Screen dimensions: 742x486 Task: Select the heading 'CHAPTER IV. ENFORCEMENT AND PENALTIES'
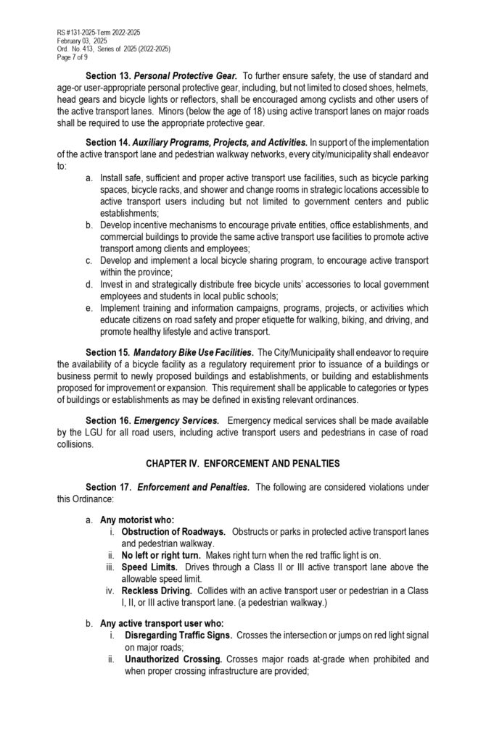click(x=242, y=462)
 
